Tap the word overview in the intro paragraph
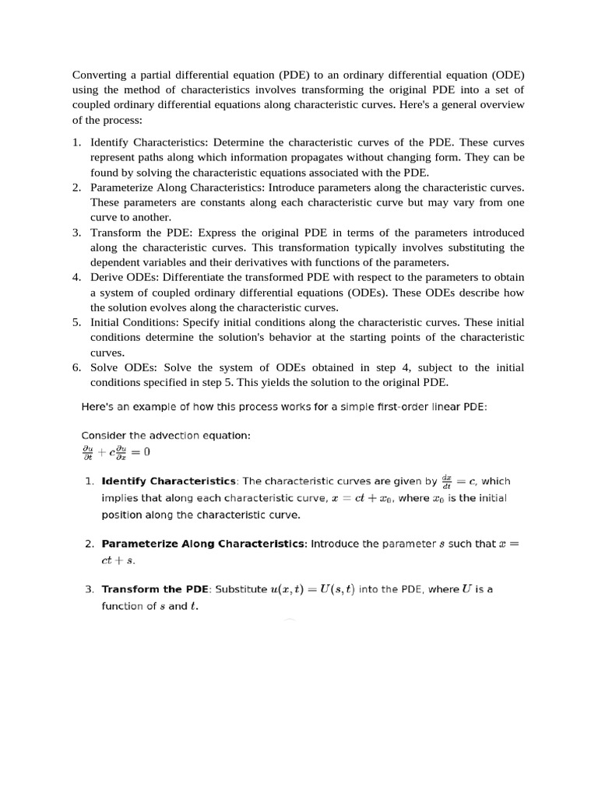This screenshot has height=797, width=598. pyautogui.click(x=501, y=104)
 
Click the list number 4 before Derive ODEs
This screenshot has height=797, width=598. pyautogui.click(x=77, y=277)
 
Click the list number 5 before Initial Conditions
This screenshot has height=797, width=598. pyautogui.click(x=77, y=322)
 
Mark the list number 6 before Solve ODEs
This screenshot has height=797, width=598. pyautogui.click(x=77, y=367)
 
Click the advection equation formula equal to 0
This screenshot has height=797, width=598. pyautogui.click(x=115, y=451)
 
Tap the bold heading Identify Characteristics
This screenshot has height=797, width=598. pyautogui.click(x=169, y=481)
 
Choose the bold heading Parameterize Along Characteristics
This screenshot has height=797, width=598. pyautogui.click(x=204, y=544)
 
